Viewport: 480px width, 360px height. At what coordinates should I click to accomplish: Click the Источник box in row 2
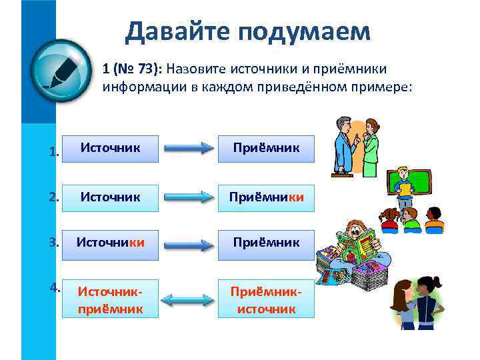point(111,197)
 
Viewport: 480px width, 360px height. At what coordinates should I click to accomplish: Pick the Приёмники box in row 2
point(266,197)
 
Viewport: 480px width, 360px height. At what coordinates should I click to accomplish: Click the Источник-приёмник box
point(111,300)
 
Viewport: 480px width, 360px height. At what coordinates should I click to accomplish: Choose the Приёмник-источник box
point(266,300)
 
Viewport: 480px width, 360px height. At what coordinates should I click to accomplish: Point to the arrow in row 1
point(188,149)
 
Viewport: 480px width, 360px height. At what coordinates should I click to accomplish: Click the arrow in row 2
point(188,199)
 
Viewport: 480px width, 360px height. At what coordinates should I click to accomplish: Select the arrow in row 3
point(188,246)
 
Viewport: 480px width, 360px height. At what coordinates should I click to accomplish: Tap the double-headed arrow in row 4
point(188,301)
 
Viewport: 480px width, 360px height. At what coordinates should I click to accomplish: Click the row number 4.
point(55,288)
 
